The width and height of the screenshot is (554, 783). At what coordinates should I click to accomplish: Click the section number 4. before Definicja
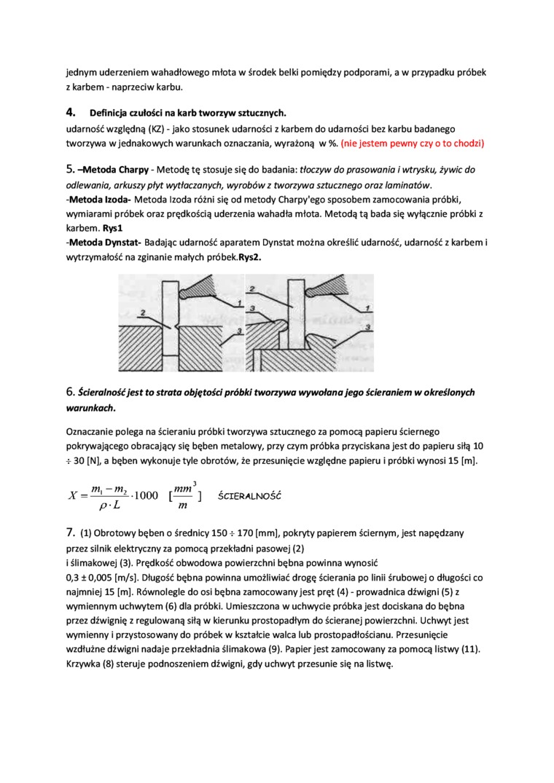pyautogui.click(x=71, y=113)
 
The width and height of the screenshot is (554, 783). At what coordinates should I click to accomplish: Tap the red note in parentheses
pyautogui.click(x=412, y=143)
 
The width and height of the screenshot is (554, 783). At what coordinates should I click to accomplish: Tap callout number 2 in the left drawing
pyautogui.click(x=144, y=313)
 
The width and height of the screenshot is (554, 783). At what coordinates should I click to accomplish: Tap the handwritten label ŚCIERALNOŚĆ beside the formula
pyautogui.click(x=250, y=495)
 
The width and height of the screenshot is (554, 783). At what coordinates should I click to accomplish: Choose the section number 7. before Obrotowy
pyautogui.click(x=70, y=533)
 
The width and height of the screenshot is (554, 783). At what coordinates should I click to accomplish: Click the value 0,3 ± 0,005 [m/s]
pyautogui.click(x=106, y=577)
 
